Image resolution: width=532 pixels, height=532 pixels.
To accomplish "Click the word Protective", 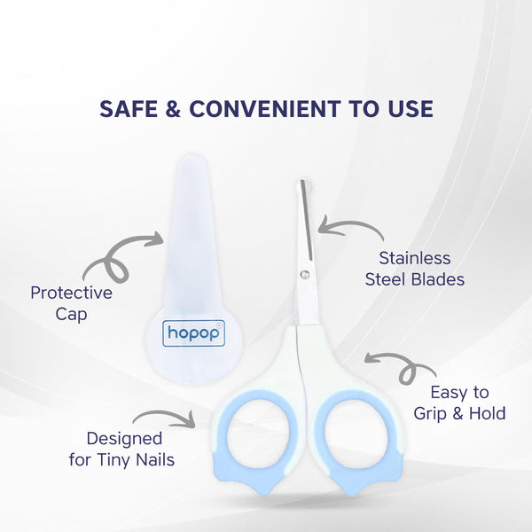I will pos(71,293).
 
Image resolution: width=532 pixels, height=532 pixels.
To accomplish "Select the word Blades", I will pos(437,280).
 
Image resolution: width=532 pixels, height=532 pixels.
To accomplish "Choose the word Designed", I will pos(124,438).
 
